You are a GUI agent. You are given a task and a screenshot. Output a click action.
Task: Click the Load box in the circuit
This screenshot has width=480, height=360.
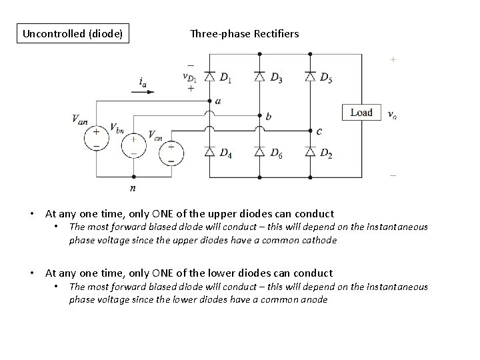[361, 113]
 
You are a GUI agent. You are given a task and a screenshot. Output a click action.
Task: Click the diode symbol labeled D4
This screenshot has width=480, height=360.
[209, 153]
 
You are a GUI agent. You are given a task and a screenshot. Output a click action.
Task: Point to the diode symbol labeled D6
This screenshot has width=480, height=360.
[259, 153]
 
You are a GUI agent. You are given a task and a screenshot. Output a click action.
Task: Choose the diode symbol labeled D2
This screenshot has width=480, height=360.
[309, 153]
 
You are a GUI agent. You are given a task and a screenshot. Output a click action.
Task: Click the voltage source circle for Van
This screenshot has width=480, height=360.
[97, 137]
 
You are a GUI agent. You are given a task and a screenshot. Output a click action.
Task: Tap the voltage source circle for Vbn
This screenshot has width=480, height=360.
[133, 146]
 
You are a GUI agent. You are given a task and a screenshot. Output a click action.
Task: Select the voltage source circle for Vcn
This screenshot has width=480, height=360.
[171, 154]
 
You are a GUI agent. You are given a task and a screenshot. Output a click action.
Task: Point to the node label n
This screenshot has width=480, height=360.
[133, 189]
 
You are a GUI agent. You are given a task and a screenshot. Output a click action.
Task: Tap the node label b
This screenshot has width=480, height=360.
[268, 117]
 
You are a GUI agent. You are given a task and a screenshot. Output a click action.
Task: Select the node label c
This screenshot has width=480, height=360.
[319, 131]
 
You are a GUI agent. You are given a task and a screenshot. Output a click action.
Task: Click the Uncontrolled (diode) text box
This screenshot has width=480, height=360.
[73, 33]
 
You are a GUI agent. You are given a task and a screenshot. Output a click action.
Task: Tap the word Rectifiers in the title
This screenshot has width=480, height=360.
[275, 33]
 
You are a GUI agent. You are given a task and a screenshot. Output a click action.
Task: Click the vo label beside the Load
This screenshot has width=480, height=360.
[391, 114]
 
